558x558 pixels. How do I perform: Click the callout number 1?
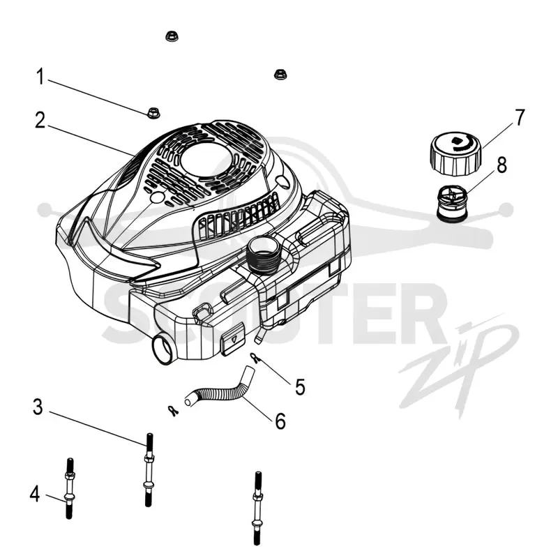(x=40, y=77)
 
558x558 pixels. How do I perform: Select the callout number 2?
(x=40, y=120)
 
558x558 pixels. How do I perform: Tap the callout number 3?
(x=38, y=407)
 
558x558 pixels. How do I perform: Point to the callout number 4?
(x=34, y=495)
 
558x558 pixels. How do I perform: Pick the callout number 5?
(x=300, y=387)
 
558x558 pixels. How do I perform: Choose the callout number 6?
(x=280, y=421)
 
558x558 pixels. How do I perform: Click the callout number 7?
(x=520, y=118)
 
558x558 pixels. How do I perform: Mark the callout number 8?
(x=502, y=165)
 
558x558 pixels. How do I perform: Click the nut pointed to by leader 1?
(x=153, y=113)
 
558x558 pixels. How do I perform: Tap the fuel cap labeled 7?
(x=456, y=153)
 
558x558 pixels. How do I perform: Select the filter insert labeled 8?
(x=452, y=204)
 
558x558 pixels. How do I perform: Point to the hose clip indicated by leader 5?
(x=254, y=358)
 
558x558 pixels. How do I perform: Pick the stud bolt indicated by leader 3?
(x=149, y=469)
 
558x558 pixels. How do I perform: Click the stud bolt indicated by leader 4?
(x=69, y=488)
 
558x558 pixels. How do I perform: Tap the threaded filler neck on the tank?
(x=264, y=256)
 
